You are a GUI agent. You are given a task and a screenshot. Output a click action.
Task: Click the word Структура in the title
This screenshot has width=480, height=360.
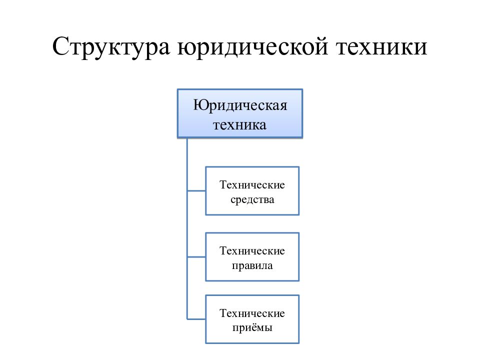pyautogui.click(x=111, y=47)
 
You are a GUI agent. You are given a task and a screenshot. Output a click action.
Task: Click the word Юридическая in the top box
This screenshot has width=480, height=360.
pyautogui.click(x=240, y=105)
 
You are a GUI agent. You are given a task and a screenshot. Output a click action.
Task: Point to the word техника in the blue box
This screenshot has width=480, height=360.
pyautogui.click(x=239, y=125)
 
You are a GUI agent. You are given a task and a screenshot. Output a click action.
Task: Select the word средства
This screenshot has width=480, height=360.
pyautogui.click(x=252, y=200)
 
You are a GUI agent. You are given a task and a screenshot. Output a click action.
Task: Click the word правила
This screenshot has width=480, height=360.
pyautogui.click(x=252, y=265)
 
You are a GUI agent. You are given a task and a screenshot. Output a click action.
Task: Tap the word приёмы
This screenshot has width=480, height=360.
pyautogui.click(x=252, y=328)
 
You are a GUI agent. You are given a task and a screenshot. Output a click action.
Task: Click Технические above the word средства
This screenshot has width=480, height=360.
pyautogui.click(x=252, y=185)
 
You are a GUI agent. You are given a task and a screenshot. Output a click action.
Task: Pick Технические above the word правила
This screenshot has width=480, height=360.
pyautogui.click(x=252, y=250)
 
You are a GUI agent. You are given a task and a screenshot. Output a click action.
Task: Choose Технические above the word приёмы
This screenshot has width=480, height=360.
pyautogui.click(x=252, y=313)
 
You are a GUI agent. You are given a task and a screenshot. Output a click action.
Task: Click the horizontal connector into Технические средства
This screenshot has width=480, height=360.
pyautogui.click(x=196, y=191)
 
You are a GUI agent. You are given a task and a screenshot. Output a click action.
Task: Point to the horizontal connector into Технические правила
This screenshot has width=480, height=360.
pyautogui.click(x=196, y=257)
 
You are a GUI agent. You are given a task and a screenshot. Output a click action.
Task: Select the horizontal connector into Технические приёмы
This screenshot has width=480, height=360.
pyautogui.click(x=196, y=319)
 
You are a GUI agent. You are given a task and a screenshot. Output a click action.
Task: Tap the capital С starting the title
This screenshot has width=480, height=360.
pyautogui.click(x=60, y=46)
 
